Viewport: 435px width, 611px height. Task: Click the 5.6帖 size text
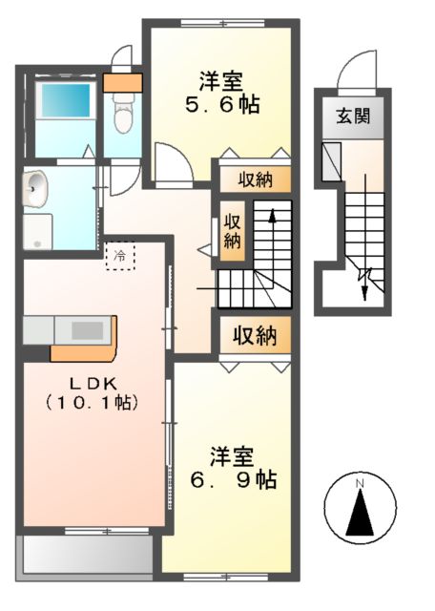tap(217, 103)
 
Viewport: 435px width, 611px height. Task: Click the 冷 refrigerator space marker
tap(120, 256)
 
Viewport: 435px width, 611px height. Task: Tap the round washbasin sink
tap(36, 190)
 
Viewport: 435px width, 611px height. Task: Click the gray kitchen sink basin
tap(86, 329)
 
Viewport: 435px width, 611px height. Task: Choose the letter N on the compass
tap(360, 485)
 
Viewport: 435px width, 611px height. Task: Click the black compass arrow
tap(360, 516)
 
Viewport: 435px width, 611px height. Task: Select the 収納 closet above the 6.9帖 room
tap(254, 335)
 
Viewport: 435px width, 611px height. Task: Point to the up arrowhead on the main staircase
tap(272, 218)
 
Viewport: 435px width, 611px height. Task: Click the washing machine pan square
tap(38, 230)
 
